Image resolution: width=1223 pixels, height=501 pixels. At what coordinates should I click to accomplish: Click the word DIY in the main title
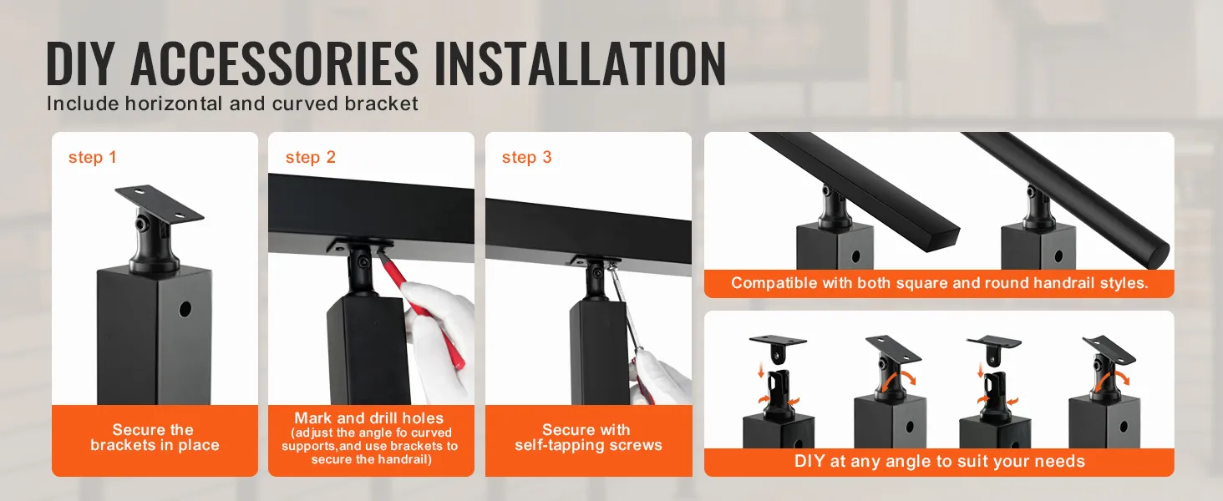click(x=80, y=63)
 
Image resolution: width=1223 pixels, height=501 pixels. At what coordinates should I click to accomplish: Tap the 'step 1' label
click(x=92, y=157)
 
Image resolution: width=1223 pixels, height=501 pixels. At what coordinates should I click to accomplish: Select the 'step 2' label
click(x=310, y=157)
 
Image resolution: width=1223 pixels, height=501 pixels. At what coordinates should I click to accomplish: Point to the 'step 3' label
click(x=527, y=157)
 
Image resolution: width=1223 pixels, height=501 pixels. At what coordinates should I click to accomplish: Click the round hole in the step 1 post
click(x=185, y=310)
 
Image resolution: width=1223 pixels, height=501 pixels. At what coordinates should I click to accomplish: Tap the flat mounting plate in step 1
click(x=160, y=205)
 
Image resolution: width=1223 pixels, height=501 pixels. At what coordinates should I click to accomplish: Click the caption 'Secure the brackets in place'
click(x=155, y=438)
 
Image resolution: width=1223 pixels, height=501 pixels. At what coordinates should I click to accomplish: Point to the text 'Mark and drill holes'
click(x=369, y=418)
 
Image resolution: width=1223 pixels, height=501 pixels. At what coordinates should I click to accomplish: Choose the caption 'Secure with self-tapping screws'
click(x=588, y=438)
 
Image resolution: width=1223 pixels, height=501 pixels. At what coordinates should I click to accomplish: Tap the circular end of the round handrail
click(x=1157, y=256)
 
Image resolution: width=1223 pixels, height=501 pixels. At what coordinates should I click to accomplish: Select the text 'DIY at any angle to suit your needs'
click(x=939, y=461)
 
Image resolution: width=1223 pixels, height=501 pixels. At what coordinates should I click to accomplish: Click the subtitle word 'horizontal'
click(x=174, y=104)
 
